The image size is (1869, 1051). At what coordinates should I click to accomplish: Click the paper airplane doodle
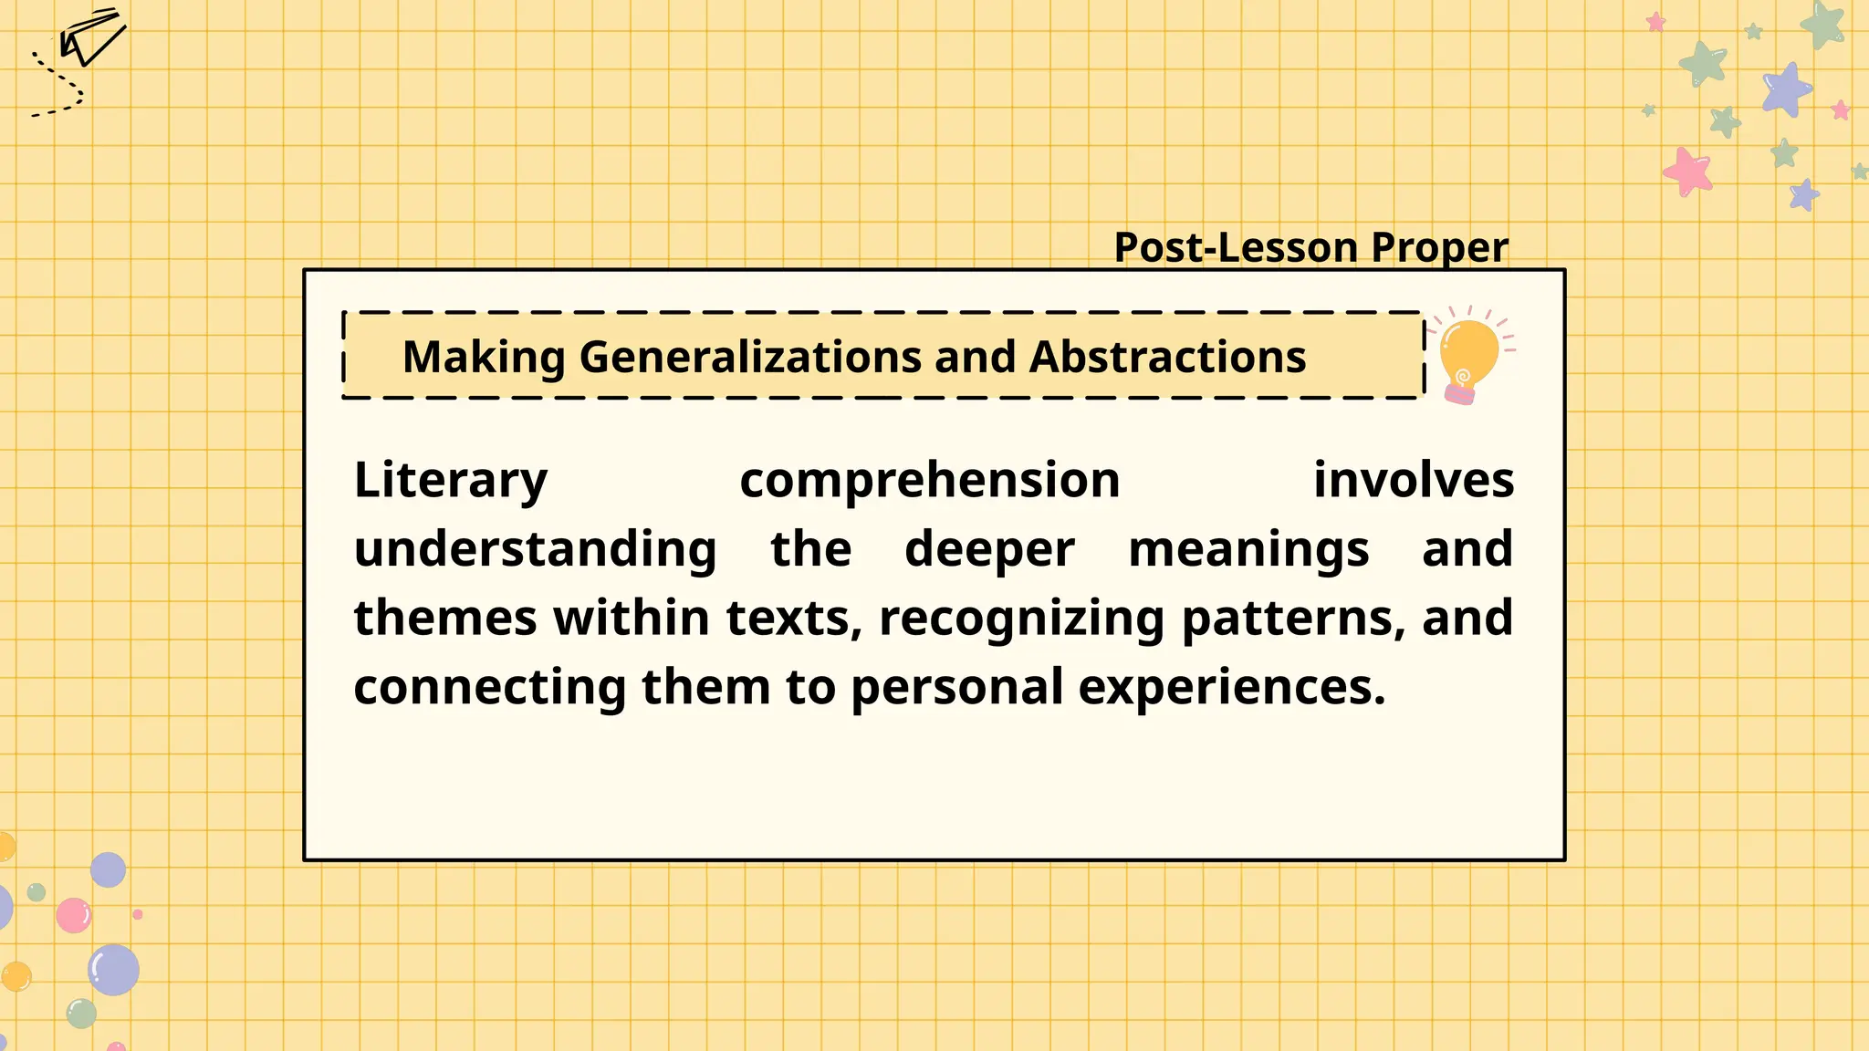[x=91, y=38]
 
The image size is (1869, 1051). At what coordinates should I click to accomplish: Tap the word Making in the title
[x=484, y=357]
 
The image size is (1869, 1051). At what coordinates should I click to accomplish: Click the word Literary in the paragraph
[x=451, y=481]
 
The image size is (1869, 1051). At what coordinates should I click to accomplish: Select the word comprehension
[x=929, y=481]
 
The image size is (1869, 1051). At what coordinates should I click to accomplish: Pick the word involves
[x=1413, y=480]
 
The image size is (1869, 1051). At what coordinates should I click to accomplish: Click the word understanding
[x=535, y=550]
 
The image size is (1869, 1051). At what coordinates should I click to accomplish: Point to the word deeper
[x=989, y=550]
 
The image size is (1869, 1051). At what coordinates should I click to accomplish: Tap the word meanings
[x=1248, y=550]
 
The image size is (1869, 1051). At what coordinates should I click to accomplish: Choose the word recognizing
[x=1021, y=619]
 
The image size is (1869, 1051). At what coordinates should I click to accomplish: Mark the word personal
[x=957, y=687]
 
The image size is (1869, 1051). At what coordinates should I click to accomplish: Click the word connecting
[x=490, y=687]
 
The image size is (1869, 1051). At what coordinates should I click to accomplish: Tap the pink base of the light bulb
[x=1459, y=394]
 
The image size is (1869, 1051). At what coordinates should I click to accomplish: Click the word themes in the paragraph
[x=445, y=619]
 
